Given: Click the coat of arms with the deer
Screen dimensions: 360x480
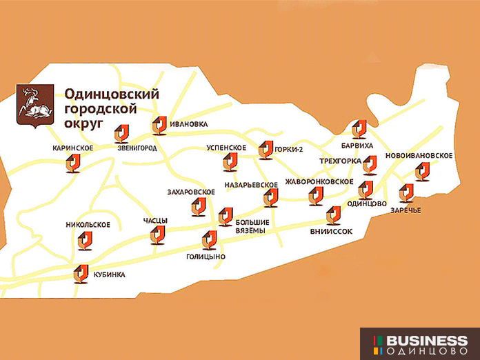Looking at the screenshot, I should [x=34, y=106].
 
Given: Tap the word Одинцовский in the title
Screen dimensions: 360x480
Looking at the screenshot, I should [x=112, y=94].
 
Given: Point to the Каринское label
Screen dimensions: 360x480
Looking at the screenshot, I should [x=73, y=148].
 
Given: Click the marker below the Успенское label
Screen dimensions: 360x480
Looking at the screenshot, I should [x=230, y=162].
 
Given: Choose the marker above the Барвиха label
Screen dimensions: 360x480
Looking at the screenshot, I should [x=359, y=129].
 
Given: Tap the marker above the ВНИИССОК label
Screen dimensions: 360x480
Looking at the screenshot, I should [x=334, y=215].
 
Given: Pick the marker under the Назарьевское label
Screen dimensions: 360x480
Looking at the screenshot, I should [x=270, y=199].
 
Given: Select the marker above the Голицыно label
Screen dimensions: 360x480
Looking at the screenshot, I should [x=209, y=239].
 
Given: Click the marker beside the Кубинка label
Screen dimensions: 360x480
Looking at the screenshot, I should [x=81, y=274].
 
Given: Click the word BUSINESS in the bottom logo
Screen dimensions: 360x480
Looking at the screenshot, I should [x=426, y=341].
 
